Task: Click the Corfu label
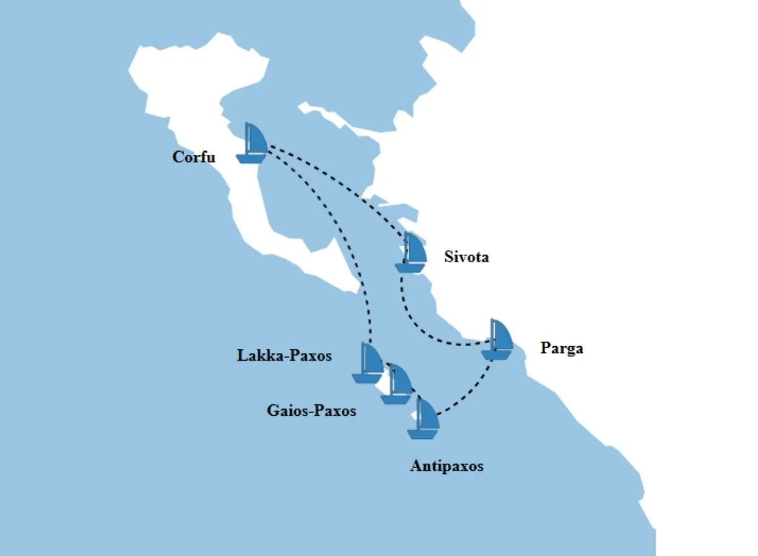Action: click(193, 157)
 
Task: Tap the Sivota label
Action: click(466, 257)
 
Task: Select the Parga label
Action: click(562, 348)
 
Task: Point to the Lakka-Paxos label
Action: click(284, 356)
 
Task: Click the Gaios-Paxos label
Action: click(311, 411)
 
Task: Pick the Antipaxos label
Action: click(447, 466)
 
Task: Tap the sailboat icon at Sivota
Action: click(411, 252)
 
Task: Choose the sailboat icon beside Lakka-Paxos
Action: click(368, 363)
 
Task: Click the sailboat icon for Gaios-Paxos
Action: click(397, 384)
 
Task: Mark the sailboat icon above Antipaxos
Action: click(423, 418)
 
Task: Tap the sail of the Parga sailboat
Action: click(502, 333)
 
